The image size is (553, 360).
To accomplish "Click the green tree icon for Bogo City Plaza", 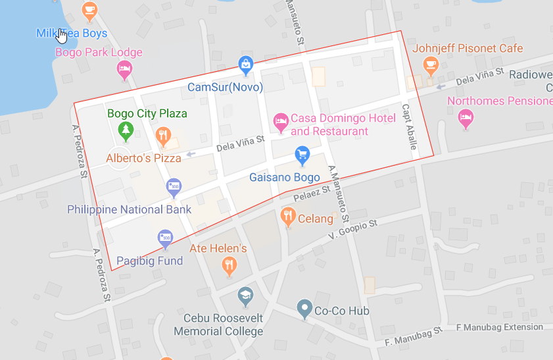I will (125, 130).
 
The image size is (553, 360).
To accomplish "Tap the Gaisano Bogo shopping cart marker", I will (302, 155).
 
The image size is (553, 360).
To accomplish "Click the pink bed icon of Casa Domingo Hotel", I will (281, 121).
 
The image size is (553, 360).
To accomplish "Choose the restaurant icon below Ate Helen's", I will (228, 265).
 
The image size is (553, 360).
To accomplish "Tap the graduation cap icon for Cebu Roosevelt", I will (245, 294).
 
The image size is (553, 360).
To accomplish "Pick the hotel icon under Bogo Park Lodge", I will (124, 68).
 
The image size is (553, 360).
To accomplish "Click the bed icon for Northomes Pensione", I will (466, 118).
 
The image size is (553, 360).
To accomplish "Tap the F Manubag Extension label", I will (499, 327).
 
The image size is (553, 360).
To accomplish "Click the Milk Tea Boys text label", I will (72, 33).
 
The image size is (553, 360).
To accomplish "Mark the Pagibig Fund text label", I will (150, 261).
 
